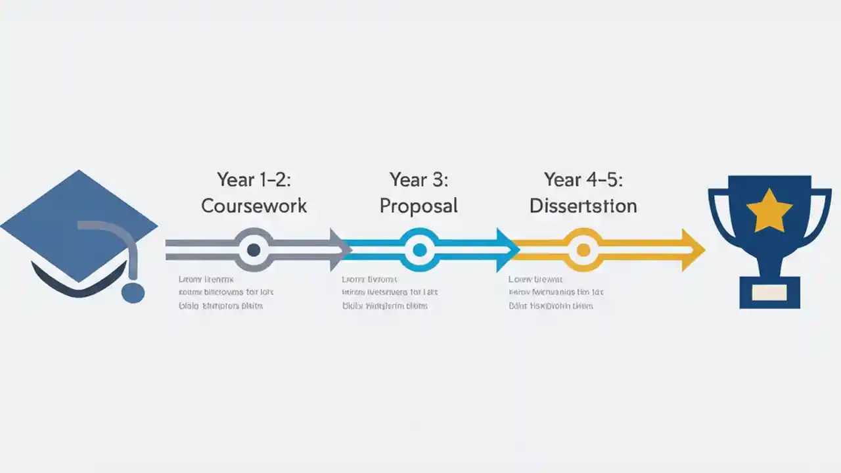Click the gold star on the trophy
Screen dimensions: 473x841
pyautogui.click(x=769, y=212)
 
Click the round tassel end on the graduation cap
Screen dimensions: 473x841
pyautogui.click(x=133, y=293)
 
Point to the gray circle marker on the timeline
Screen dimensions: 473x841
pyautogui.click(x=254, y=250)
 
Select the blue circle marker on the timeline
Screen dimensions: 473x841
pyautogui.click(x=419, y=250)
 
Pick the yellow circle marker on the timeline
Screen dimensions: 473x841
pyautogui.click(x=583, y=250)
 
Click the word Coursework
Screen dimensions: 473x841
pyautogui.click(x=254, y=206)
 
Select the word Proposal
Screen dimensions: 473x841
pyautogui.click(x=419, y=206)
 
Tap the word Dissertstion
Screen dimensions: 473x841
pyautogui.click(x=583, y=206)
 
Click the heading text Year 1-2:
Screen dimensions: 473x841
pyautogui.click(x=254, y=179)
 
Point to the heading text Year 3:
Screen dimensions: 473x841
pyautogui.click(x=419, y=179)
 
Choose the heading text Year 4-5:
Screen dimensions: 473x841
pyautogui.click(x=583, y=179)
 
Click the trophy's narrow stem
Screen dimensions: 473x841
pyautogui.click(x=769, y=263)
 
